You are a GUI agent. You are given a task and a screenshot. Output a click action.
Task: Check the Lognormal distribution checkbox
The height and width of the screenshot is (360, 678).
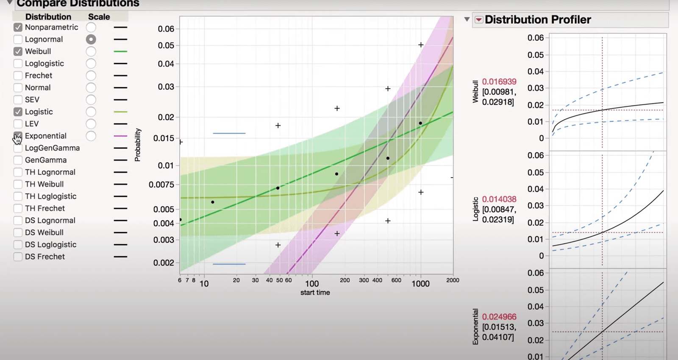pyautogui.click(x=18, y=39)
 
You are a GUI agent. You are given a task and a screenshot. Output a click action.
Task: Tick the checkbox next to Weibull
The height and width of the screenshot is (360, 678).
pyautogui.click(x=18, y=51)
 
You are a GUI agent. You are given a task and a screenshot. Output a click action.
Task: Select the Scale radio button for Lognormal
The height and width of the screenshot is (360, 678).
pyautogui.click(x=91, y=39)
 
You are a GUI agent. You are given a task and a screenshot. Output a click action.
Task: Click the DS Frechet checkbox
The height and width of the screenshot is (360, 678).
pyautogui.click(x=18, y=257)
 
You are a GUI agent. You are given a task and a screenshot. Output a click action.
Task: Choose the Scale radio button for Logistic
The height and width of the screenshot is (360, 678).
pyautogui.click(x=91, y=112)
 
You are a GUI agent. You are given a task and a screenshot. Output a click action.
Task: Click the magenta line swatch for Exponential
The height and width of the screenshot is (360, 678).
pyautogui.click(x=120, y=136)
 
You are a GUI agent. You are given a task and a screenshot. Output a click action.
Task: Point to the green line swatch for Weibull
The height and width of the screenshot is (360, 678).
pyautogui.click(x=120, y=51)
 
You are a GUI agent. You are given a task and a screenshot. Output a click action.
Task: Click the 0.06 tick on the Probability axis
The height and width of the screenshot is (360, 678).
pyautogui.click(x=166, y=29)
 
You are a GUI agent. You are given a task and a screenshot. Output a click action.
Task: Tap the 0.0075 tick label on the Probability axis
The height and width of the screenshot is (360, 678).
pyautogui.click(x=161, y=184)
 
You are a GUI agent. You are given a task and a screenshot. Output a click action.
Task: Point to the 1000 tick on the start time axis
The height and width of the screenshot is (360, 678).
pyautogui.click(x=420, y=284)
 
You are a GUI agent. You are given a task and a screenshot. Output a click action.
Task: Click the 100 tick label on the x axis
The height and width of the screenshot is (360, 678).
pyautogui.click(x=312, y=284)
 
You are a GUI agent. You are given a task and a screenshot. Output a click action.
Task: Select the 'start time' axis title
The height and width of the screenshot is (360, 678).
pyautogui.click(x=315, y=293)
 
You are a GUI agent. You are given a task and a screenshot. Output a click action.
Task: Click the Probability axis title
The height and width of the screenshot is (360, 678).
pyautogui.click(x=137, y=145)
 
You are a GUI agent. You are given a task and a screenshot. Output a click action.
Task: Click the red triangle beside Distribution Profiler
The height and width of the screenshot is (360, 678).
pyautogui.click(x=479, y=20)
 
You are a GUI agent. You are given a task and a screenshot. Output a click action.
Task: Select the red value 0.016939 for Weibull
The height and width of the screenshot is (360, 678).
pyautogui.click(x=499, y=81)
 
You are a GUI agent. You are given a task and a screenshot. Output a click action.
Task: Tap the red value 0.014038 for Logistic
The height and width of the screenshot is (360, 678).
pyautogui.click(x=499, y=199)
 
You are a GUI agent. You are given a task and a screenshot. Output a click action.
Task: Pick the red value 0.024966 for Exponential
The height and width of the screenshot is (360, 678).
pyautogui.click(x=499, y=317)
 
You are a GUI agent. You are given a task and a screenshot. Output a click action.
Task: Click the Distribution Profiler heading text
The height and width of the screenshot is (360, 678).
pyautogui.click(x=538, y=20)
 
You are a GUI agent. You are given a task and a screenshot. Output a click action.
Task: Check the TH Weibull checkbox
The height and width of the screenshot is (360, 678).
pyautogui.click(x=18, y=184)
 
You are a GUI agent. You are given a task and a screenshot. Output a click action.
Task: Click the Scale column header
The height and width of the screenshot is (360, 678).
pyautogui.click(x=99, y=17)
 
